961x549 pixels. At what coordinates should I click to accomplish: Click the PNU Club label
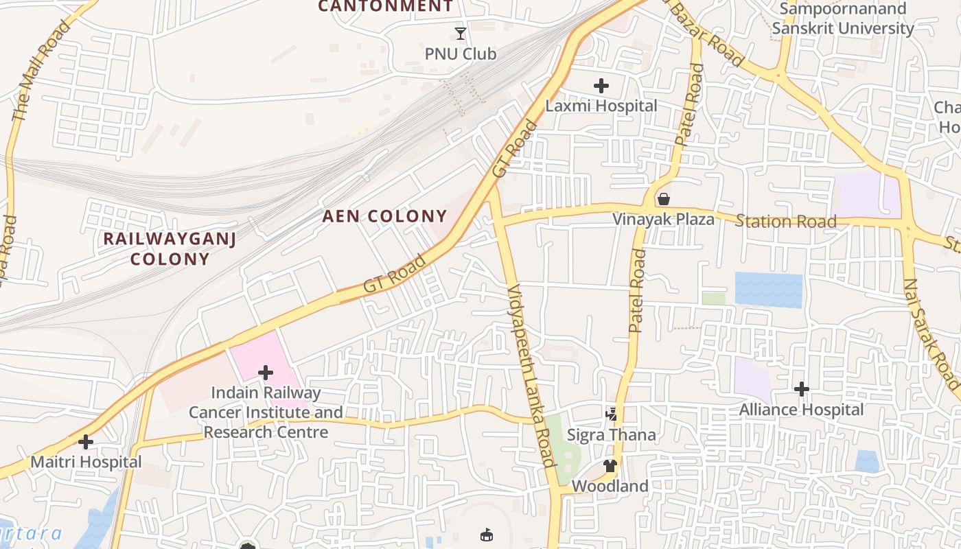pyautogui.click(x=460, y=54)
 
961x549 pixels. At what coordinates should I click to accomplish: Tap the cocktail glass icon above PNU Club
pyautogui.click(x=461, y=33)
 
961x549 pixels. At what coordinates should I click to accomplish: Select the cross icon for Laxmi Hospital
pyautogui.click(x=601, y=86)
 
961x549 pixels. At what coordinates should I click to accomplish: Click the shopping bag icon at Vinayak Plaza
pyautogui.click(x=664, y=199)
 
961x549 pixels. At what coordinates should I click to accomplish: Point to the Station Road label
pyautogui.click(x=785, y=221)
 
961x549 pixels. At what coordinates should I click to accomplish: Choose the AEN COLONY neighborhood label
pyautogui.click(x=384, y=216)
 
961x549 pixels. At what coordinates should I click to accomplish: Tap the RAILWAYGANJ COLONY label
pyautogui.click(x=170, y=248)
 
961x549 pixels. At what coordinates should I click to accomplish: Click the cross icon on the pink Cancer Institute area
pyautogui.click(x=266, y=373)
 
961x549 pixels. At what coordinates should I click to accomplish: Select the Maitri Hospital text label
pyautogui.click(x=86, y=462)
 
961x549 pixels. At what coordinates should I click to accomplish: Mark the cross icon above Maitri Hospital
pyautogui.click(x=86, y=442)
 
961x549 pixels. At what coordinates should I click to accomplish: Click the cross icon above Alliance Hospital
pyautogui.click(x=801, y=389)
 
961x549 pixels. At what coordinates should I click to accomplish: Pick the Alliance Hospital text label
pyautogui.click(x=801, y=410)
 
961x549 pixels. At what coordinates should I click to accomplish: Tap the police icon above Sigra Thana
pyautogui.click(x=611, y=414)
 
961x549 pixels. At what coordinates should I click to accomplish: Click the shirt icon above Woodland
pyautogui.click(x=610, y=466)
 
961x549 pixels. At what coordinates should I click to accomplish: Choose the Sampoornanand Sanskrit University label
pyautogui.click(x=842, y=19)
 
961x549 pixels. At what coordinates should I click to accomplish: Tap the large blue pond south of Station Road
pyautogui.click(x=768, y=290)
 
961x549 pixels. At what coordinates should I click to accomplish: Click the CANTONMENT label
pyautogui.click(x=385, y=6)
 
